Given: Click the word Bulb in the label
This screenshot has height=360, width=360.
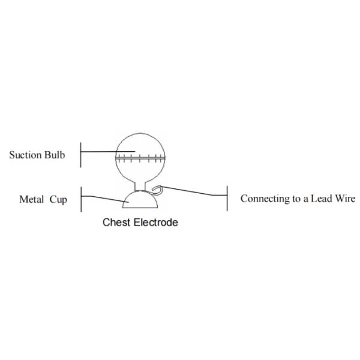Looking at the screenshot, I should pos(56,155).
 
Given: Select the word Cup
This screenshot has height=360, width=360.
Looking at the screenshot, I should pos(58,200).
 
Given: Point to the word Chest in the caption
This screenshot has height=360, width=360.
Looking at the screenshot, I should pos(116,223).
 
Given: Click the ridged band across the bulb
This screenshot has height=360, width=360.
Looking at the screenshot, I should pos(139,158).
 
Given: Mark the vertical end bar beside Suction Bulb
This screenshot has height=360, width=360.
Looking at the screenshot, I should pos(81,155).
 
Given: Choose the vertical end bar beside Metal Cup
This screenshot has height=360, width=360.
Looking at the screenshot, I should pos(81,199).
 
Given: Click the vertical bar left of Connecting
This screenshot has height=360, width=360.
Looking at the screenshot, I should pos(227,199).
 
